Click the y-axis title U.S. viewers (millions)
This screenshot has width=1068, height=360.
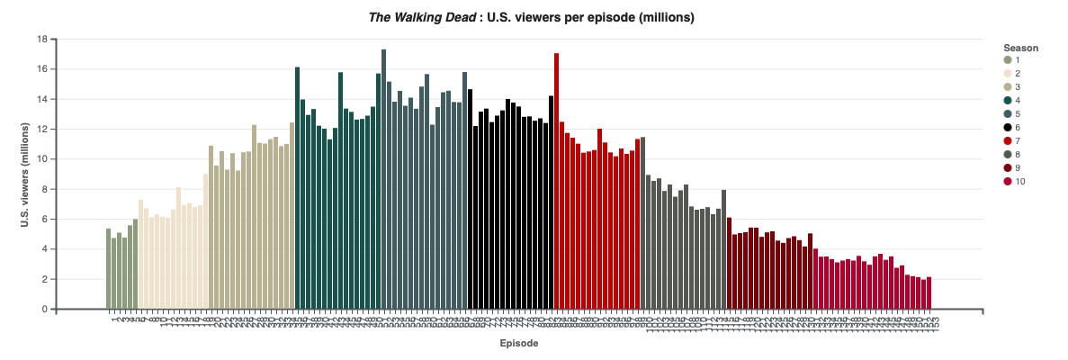(x=27, y=174)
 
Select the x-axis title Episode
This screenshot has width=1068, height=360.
(x=520, y=344)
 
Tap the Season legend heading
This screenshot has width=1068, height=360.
(x=1021, y=48)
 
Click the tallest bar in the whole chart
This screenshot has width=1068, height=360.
(x=383, y=180)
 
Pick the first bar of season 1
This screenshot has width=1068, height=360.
(x=109, y=269)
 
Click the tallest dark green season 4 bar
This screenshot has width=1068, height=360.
(x=298, y=188)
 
